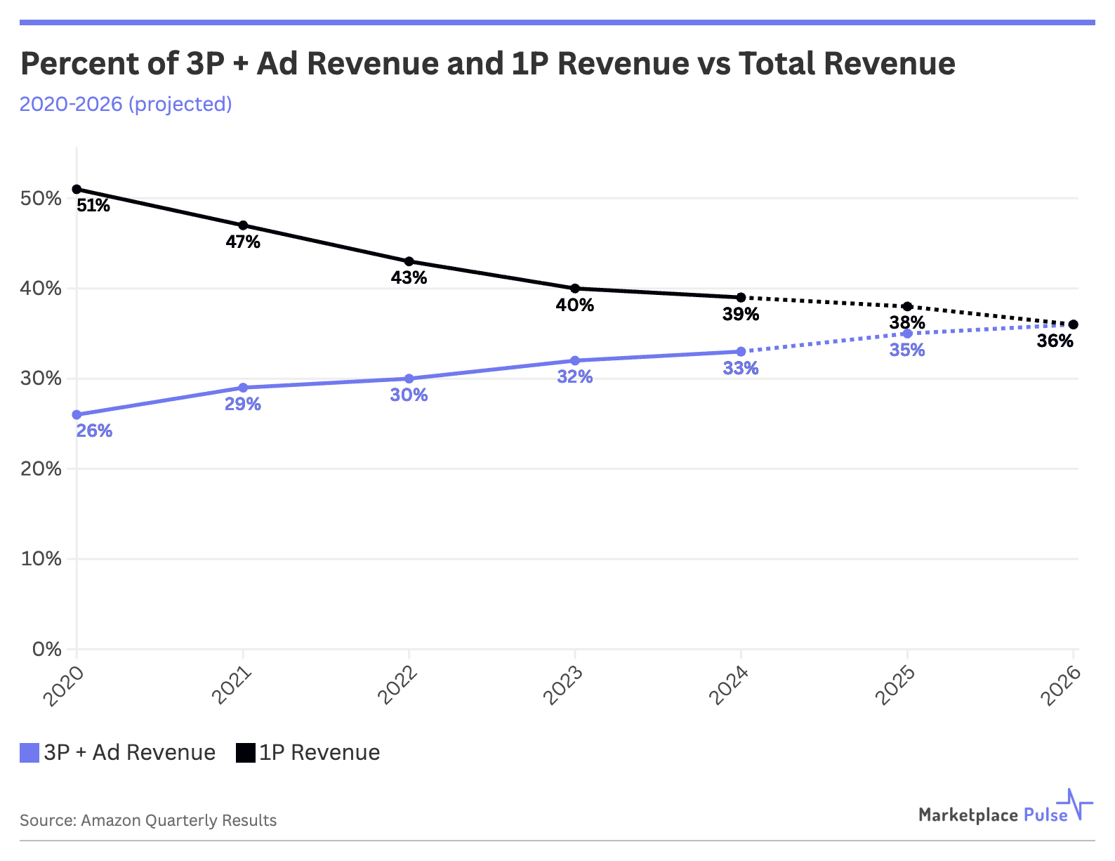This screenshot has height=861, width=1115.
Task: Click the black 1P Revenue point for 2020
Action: (x=77, y=189)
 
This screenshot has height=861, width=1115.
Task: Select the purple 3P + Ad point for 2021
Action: (x=243, y=388)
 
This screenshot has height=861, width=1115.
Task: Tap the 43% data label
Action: (x=409, y=278)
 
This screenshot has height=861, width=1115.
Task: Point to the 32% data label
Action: (x=575, y=377)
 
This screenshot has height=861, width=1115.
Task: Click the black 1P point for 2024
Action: (x=741, y=297)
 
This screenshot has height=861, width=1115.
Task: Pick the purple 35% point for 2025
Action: (x=907, y=334)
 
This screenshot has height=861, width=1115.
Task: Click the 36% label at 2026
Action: (x=1055, y=341)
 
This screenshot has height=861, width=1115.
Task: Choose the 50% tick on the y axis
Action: (x=41, y=198)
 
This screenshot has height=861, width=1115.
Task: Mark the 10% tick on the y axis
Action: (x=41, y=559)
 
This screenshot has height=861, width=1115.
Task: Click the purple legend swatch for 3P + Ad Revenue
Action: (x=29, y=753)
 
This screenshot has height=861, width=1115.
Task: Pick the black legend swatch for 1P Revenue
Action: (x=245, y=753)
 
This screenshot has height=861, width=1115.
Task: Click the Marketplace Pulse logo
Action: (x=1005, y=809)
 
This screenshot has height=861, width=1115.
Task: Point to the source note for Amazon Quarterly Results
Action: (x=148, y=820)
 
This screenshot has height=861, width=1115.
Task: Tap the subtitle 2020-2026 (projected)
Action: (x=126, y=104)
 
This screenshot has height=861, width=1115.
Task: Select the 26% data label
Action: (x=94, y=431)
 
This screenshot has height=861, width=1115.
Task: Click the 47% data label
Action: (x=243, y=242)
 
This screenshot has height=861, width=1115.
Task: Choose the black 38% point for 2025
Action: (x=907, y=306)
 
